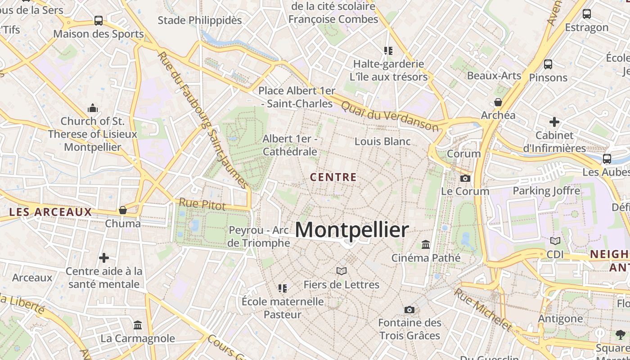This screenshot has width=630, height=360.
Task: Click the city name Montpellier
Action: click(x=352, y=230)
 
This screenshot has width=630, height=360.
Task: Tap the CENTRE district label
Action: click(x=333, y=177)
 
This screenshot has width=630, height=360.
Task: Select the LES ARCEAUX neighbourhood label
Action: click(x=50, y=212)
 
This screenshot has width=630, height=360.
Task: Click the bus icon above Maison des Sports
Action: click(x=99, y=21)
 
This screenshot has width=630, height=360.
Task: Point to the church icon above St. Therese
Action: click(x=93, y=108)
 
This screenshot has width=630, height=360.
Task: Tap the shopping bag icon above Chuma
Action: click(x=122, y=210)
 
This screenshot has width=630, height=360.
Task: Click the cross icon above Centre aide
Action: click(x=104, y=258)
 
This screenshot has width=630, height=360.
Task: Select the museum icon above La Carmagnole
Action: click(x=138, y=325)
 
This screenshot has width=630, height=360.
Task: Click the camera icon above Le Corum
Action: click(x=465, y=178)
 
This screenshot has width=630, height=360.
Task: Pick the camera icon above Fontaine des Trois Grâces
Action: click(x=409, y=310)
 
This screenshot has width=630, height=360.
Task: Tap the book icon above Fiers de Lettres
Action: click(x=342, y=271)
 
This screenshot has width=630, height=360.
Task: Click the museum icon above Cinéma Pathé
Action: click(x=426, y=244)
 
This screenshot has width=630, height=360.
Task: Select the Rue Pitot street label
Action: click(x=202, y=204)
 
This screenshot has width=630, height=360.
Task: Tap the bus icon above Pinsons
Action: click(x=548, y=64)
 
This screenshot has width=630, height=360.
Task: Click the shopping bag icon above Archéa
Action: click(x=498, y=102)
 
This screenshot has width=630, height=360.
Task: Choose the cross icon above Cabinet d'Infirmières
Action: click(x=554, y=121)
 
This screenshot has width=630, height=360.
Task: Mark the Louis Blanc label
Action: click(x=382, y=141)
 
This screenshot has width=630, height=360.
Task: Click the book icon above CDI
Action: click(x=555, y=241)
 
